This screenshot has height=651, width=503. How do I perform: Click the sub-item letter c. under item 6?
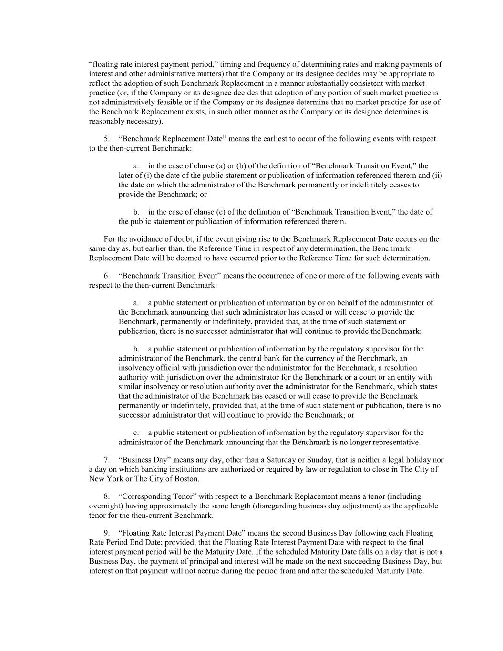(136, 433)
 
